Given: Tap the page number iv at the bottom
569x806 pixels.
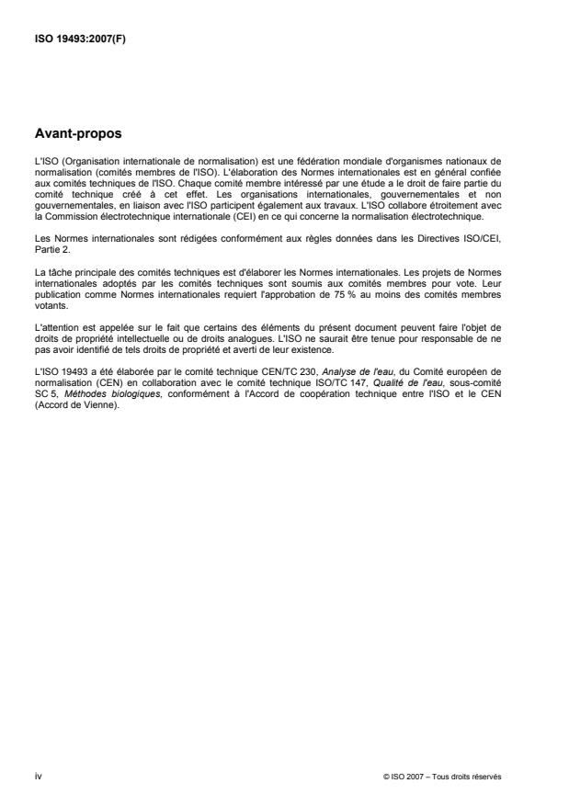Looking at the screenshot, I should coord(37,778).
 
